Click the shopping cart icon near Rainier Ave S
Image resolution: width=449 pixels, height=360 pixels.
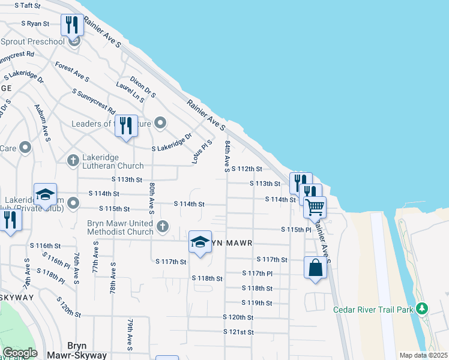(x=315, y=208)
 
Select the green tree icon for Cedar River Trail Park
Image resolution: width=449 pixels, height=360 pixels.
(x=423, y=308)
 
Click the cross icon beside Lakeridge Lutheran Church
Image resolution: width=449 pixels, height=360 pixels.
(x=73, y=160)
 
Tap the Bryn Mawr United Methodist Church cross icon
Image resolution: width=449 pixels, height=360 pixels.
(x=162, y=226)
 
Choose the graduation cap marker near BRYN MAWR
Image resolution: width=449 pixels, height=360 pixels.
(x=200, y=242)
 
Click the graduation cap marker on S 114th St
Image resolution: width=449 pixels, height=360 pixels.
(x=45, y=194)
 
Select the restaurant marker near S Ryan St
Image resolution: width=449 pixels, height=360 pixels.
(x=71, y=25)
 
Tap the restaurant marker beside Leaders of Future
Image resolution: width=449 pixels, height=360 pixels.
(x=126, y=126)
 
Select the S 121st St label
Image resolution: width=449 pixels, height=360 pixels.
(x=239, y=331)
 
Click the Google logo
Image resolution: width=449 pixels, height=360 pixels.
(x=20, y=353)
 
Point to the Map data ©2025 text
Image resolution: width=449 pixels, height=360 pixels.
(x=423, y=355)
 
